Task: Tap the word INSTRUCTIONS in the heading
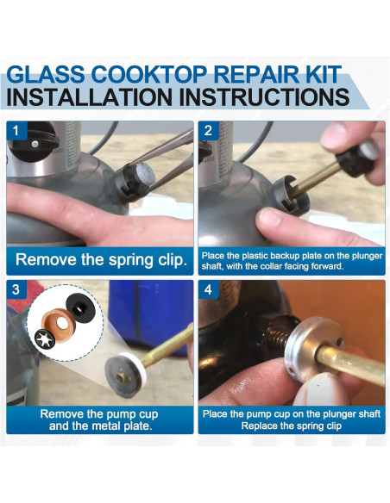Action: (x=264, y=96)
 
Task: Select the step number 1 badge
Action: (x=16, y=131)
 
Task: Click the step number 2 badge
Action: (x=208, y=131)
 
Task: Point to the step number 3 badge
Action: (x=16, y=289)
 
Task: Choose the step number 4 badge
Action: (x=208, y=289)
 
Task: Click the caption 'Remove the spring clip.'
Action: (x=101, y=259)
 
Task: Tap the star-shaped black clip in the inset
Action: (x=45, y=338)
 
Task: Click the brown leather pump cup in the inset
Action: (x=60, y=326)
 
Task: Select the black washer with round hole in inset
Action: (x=80, y=308)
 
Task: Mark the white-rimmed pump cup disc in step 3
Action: (x=126, y=374)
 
